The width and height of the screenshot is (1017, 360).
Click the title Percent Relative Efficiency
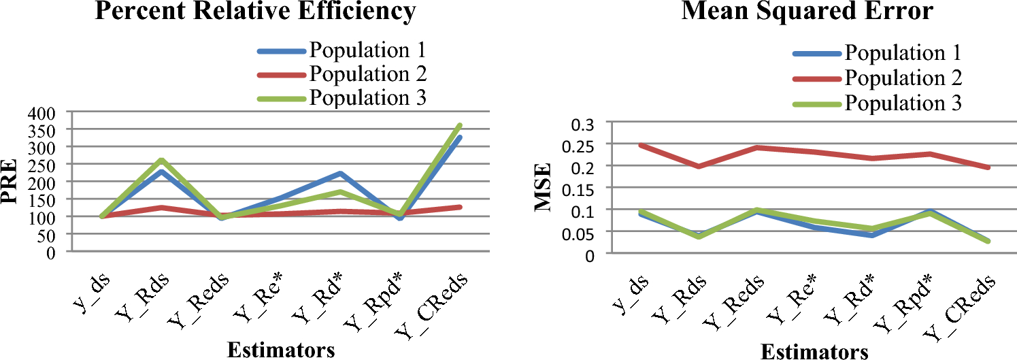255,12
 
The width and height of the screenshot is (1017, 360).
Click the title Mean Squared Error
785,12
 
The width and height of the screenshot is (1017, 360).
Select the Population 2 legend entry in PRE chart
368,73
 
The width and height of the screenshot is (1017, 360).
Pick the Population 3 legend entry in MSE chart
903,103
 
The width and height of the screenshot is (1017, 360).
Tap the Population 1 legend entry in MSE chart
903,53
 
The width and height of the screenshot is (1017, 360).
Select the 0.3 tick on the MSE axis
583,123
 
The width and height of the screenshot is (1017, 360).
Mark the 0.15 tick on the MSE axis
579,189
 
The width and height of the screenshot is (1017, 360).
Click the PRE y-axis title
12,182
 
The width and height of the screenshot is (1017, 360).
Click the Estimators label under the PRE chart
281,350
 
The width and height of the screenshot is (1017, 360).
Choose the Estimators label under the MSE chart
814,351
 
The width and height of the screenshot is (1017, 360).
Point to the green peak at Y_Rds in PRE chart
161,161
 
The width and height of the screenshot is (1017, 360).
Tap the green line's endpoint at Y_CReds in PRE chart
461,125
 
